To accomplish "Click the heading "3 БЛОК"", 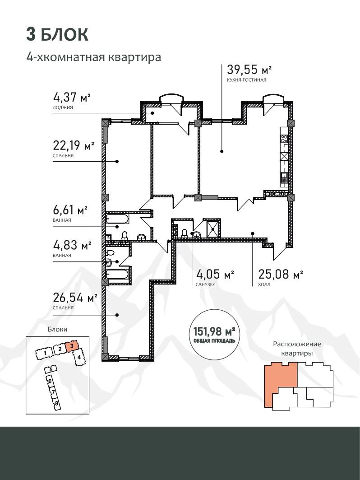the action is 57,34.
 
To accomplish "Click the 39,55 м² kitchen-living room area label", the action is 249,70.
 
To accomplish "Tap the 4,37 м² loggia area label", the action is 72,98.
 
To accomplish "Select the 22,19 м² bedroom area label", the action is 74,145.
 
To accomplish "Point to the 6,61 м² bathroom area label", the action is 70,210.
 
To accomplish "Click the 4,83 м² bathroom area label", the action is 72,245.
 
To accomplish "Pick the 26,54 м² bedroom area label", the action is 75,297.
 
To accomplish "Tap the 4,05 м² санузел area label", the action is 215,274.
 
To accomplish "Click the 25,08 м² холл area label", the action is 281,274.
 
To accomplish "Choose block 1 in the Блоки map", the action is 45,354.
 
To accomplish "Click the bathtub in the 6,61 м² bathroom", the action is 117,219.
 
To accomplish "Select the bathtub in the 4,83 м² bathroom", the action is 117,274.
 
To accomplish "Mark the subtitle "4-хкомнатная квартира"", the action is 94,57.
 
